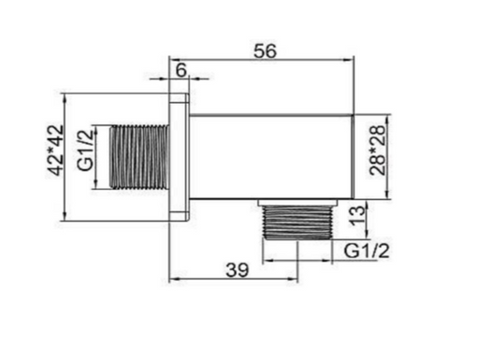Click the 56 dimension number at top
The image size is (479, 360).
[265, 51]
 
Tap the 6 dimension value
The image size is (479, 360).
[181, 70]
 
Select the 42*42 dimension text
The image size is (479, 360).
[55, 151]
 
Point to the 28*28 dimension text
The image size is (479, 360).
[377, 150]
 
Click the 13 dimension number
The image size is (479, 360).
[357, 215]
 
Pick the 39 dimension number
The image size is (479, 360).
[238, 270]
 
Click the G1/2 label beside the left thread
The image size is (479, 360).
[85, 151]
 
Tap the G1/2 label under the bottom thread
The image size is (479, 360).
[367, 251]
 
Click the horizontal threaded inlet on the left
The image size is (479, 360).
[139, 157]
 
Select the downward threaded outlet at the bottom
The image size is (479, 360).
[298, 223]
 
